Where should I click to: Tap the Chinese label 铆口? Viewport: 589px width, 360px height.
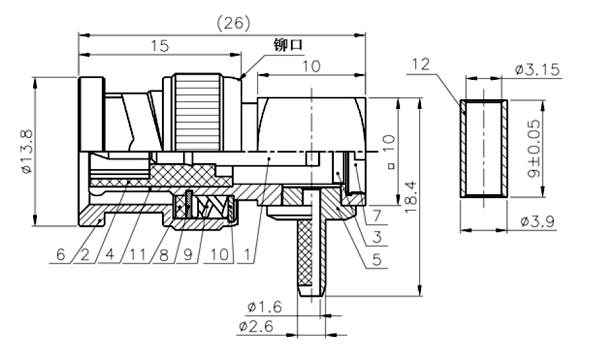[x=288, y=45]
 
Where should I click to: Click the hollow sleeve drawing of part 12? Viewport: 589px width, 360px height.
[x=484, y=149]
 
